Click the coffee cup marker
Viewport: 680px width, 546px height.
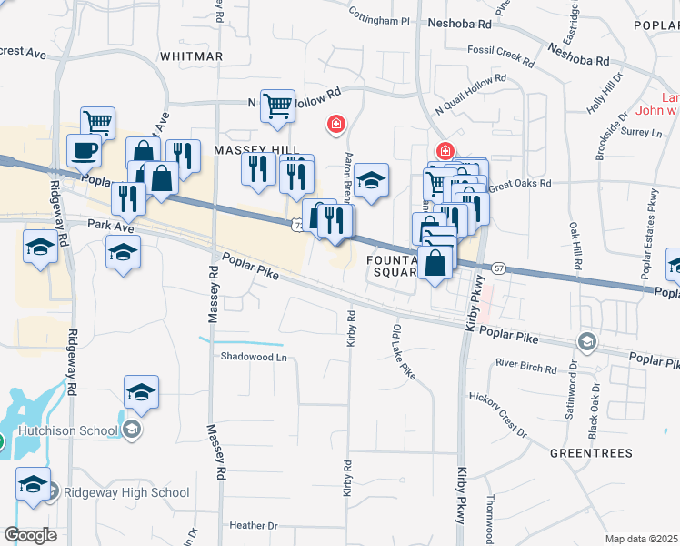pyautogui.click(x=85, y=150)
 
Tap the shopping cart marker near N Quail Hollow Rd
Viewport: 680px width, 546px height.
pyautogui.click(x=276, y=105)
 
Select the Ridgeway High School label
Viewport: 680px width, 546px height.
pyautogui.click(x=125, y=493)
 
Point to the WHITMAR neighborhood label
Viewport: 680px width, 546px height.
pyautogui.click(x=191, y=56)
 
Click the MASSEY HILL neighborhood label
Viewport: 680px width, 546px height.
pyautogui.click(x=244, y=148)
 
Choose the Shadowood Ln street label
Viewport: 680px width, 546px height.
pyautogui.click(x=254, y=357)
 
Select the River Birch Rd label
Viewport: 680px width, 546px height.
pyautogui.click(x=525, y=365)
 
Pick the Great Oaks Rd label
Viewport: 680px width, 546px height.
pyautogui.click(x=519, y=184)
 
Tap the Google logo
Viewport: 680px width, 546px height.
pyautogui.click(x=30, y=535)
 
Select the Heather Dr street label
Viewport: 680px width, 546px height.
pyautogui.click(x=254, y=525)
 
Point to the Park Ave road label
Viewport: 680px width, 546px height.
pyautogui.click(x=105, y=224)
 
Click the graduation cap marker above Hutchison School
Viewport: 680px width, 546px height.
pyautogui.click(x=141, y=391)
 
